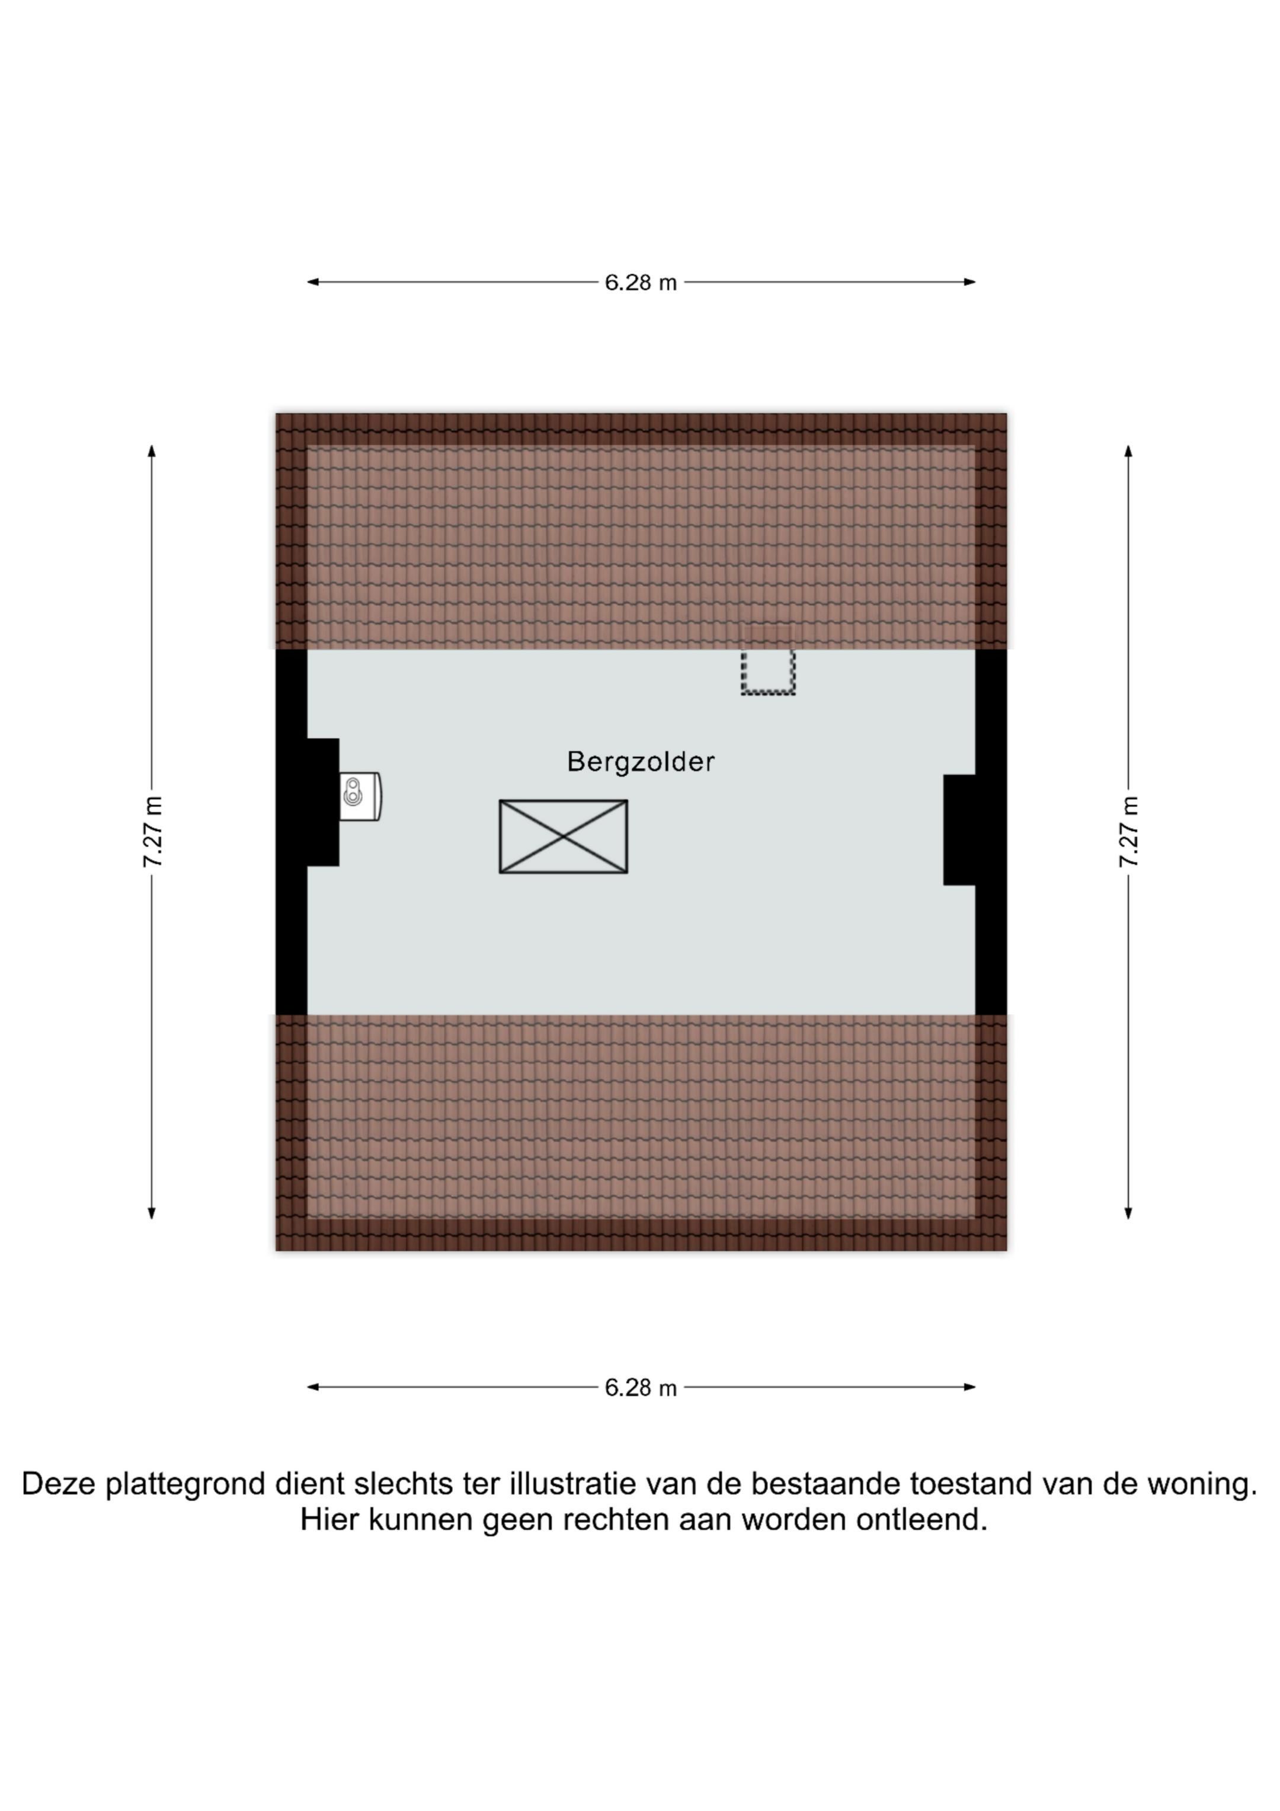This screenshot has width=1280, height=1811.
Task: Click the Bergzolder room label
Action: [x=641, y=762]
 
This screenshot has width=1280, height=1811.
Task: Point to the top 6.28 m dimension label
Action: [x=641, y=282]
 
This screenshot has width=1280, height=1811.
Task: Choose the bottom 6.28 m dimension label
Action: [x=641, y=1387]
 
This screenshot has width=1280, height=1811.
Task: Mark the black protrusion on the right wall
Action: [x=960, y=830]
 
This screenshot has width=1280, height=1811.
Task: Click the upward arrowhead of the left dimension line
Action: [x=152, y=451]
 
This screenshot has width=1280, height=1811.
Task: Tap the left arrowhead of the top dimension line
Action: [x=312, y=282]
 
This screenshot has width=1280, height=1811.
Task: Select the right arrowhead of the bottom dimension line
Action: [x=970, y=1387]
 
